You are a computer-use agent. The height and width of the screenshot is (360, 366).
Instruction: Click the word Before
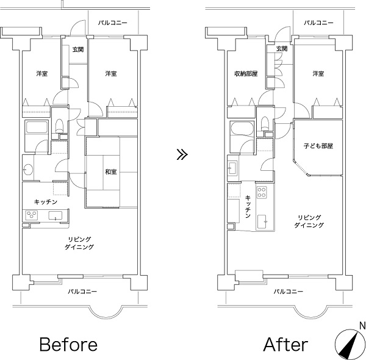pos(68,344)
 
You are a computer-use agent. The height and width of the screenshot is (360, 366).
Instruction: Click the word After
pos(285,344)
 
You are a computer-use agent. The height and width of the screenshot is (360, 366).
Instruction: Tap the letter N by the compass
pos(362,325)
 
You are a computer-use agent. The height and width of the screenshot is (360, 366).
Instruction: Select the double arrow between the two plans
pos(182,154)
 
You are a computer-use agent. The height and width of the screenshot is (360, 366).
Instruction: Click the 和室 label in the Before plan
pos(110,172)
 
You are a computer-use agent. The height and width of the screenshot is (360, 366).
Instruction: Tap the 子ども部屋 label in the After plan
pos(318,146)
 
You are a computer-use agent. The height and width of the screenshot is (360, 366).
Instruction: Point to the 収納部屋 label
pos(246,74)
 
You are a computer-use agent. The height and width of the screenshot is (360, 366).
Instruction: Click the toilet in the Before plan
pos(59,126)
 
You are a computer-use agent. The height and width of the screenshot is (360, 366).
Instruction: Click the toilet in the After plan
pos(265,124)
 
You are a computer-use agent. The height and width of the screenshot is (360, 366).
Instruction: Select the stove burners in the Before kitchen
pos(32,215)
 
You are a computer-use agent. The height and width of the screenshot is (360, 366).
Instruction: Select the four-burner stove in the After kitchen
pos(262,192)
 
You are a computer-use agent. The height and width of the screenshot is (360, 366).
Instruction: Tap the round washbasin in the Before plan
pos(28,170)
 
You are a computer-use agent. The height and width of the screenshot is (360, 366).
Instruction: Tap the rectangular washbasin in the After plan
pos(233,168)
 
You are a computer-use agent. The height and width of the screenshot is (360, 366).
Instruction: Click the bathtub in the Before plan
pos(37,128)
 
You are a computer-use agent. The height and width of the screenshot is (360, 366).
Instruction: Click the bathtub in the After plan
pos(242,128)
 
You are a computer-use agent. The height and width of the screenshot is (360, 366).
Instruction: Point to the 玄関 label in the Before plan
pos(78,49)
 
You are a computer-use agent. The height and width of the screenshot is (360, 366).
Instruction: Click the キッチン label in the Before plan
pos(46,202)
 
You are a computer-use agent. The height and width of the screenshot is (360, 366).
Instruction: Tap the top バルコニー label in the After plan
pos(318,23)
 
